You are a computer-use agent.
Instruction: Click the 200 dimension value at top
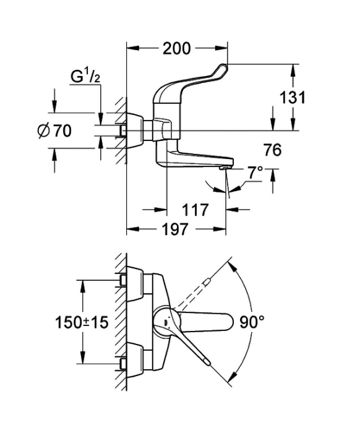(177, 49)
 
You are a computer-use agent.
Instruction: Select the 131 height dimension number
(293, 98)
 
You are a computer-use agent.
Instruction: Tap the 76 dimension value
(273, 150)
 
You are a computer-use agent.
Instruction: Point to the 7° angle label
(255, 173)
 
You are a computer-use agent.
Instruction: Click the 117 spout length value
(195, 210)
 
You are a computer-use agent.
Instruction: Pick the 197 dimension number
(175, 229)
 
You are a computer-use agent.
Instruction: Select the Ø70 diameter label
(54, 131)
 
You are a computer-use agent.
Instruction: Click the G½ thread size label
(85, 77)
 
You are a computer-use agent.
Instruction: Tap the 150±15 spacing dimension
(82, 322)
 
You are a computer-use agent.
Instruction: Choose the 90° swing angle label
(252, 322)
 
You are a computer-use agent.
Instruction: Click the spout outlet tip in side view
(226, 168)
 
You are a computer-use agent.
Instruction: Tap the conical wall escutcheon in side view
(135, 131)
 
